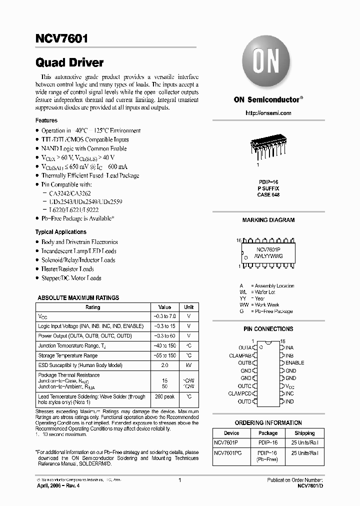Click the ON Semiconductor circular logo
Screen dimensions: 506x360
[x=267, y=63]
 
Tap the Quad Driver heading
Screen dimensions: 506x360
[x=69, y=63]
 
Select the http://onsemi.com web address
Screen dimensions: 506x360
[x=268, y=113]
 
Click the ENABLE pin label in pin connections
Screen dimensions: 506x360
[x=294, y=362]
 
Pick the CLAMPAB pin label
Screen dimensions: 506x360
[x=240, y=354]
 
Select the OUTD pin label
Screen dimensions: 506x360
[x=244, y=401]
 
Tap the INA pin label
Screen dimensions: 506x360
[x=289, y=347]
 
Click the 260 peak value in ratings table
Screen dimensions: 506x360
[x=164, y=396]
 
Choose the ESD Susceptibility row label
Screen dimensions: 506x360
[x=80, y=365]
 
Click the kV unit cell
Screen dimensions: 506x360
[x=189, y=365]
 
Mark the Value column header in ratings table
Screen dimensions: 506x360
[x=164, y=307]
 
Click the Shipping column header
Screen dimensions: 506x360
[x=304, y=433]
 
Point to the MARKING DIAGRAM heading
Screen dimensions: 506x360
[x=268, y=220]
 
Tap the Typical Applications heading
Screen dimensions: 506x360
[x=60, y=232]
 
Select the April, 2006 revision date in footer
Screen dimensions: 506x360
[x=56, y=485]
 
